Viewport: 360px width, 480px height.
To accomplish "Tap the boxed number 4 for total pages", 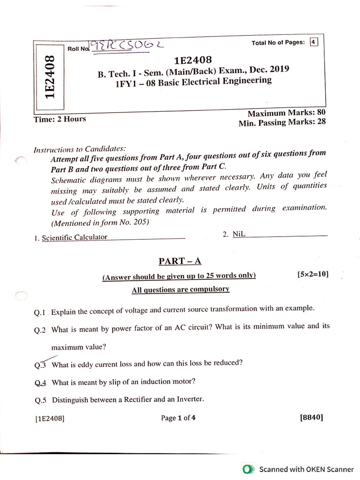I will point(314,42).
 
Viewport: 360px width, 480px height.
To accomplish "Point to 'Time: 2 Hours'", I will point(60,119).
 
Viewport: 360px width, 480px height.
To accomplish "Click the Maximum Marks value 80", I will point(321,112).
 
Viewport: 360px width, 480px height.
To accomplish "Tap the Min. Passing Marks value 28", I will point(321,122).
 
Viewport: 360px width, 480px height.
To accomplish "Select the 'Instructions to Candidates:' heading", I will point(80,150).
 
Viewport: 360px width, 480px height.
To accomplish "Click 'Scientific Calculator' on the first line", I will point(75,237).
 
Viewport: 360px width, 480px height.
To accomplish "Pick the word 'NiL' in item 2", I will point(239,234).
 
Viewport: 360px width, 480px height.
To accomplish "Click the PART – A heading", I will point(180,261).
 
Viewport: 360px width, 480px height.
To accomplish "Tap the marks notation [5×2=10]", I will point(313,274).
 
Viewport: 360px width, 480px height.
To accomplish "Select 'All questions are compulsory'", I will point(180,290).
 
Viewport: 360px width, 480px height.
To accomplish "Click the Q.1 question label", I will point(41,312).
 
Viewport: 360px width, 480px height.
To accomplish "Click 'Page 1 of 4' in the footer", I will point(178,418).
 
